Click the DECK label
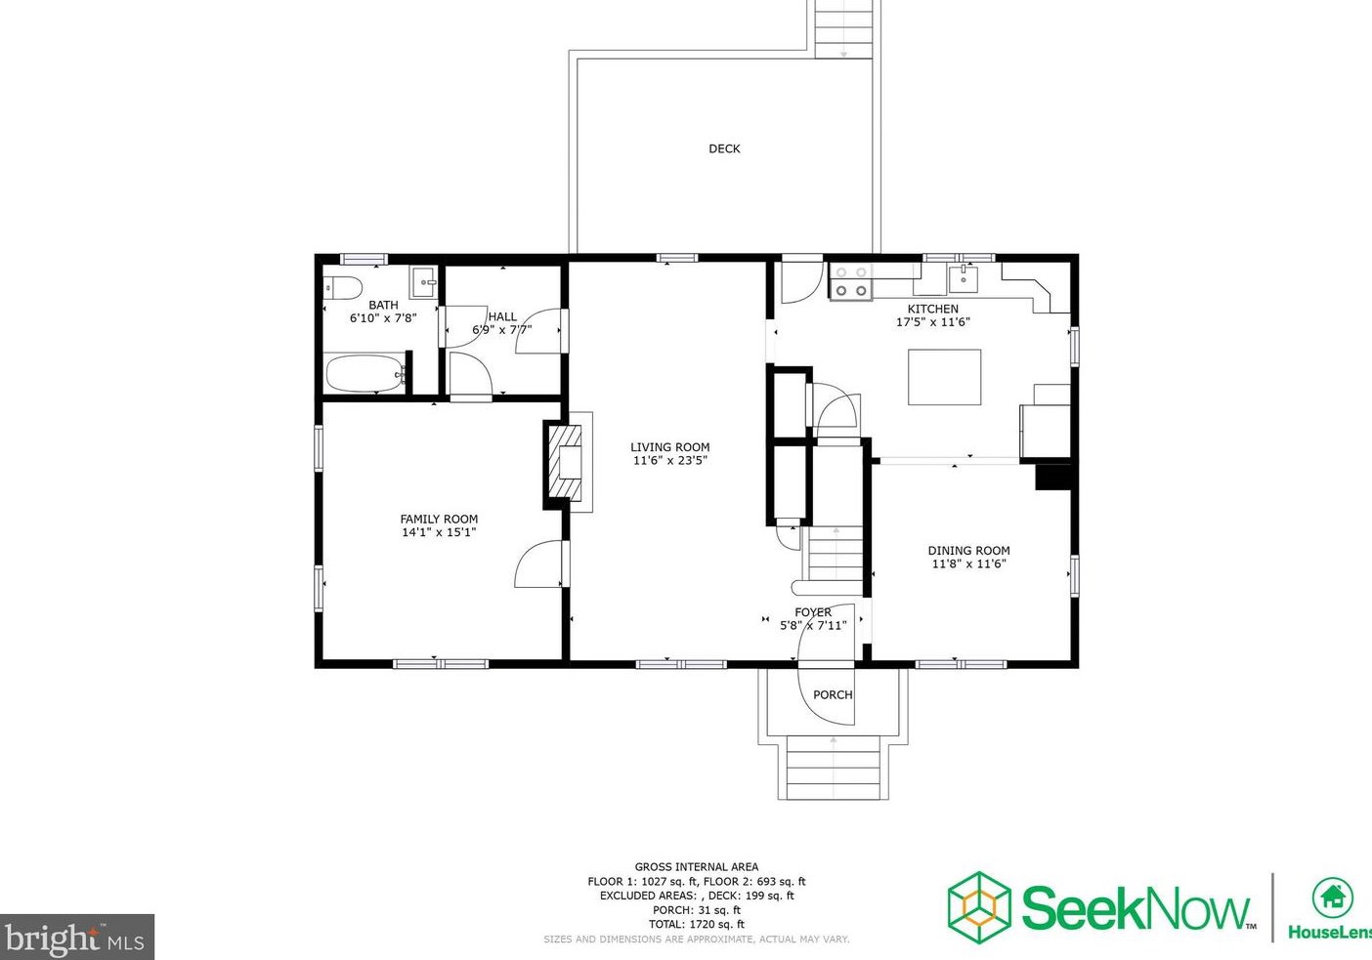click(724, 148)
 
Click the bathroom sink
click(422, 282)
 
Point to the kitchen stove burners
click(851, 281)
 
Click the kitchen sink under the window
click(963, 279)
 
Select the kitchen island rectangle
click(945, 377)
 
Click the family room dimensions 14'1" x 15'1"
click(439, 532)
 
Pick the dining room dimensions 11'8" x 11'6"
click(969, 563)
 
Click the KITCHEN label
click(933, 309)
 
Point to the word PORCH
click(833, 694)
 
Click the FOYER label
click(813, 611)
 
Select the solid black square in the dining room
click(1052, 477)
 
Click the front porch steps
click(833, 768)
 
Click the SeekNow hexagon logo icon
click(979, 907)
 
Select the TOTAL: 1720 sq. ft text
click(697, 924)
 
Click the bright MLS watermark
click(76, 937)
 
